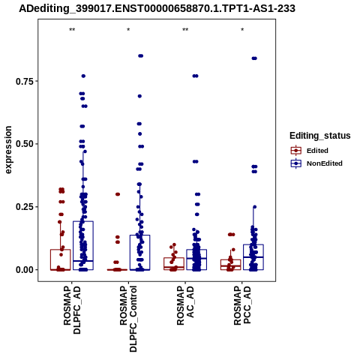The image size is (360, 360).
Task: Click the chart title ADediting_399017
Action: click(x=157, y=9)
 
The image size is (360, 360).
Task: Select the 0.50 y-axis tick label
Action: click(x=25, y=144)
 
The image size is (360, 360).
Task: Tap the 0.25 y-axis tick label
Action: click(x=25, y=207)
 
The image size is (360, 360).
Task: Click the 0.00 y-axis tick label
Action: click(x=25, y=270)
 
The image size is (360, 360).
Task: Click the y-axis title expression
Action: click(x=8, y=150)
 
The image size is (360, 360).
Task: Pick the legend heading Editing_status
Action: click(x=320, y=136)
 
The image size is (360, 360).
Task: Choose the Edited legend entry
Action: click(x=309, y=151)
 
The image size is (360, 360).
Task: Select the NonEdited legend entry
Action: click(x=316, y=163)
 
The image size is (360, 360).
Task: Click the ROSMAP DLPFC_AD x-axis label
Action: click(x=72, y=310)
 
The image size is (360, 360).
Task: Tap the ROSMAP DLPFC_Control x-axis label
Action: click(x=128, y=319)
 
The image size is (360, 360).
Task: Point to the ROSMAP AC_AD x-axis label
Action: click(x=185, y=305)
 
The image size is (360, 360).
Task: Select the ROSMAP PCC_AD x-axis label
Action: click(x=242, y=305)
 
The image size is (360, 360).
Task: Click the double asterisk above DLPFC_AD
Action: click(x=72, y=30)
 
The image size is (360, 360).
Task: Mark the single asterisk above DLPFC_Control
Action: click(x=128, y=30)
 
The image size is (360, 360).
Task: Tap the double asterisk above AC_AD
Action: click(x=185, y=30)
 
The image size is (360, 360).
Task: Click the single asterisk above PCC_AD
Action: click(x=242, y=30)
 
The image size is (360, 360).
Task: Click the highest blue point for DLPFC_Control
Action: click(x=141, y=56)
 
